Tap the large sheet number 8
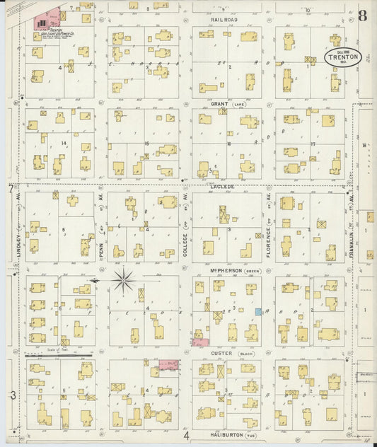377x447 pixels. [362, 15]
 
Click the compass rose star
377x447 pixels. [124, 280]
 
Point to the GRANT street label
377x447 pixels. [219, 103]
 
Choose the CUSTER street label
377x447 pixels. [221, 352]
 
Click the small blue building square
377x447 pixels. [259, 311]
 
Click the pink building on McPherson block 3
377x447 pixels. [200, 342]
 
